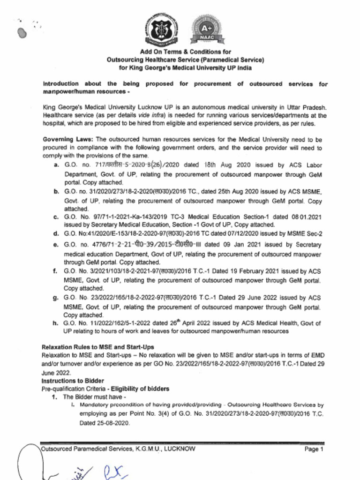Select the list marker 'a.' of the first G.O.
[x=56, y=165]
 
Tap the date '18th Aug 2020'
[x=228, y=165]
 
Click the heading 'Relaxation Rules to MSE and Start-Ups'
[x=91, y=347]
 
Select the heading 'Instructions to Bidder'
[x=73, y=381]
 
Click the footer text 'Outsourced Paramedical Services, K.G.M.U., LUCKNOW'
[x=118, y=449]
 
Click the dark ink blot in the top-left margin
[x=21, y=32]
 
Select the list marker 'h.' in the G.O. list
[x=56, y=323]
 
